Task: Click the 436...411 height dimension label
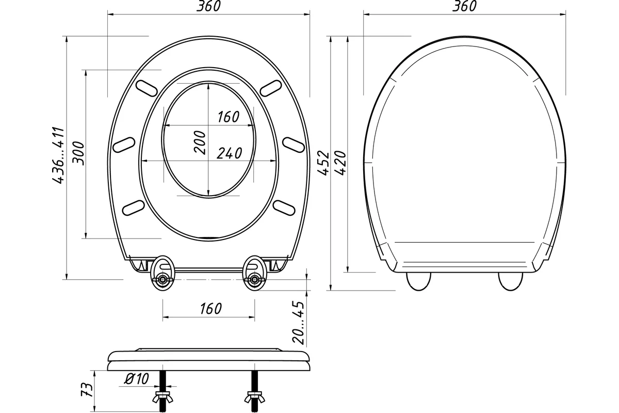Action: [x=58, y=155]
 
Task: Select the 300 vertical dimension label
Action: [x=78, y=153]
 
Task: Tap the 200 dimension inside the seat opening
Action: [x=200, y=142]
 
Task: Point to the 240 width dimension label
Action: [x=229, y=153]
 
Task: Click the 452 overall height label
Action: [x=323, y=163]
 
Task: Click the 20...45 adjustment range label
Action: [x=298, y=323]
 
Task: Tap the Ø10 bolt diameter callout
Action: [x=137, y=378]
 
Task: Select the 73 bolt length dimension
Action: [x=87, y=389]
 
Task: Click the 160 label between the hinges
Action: [x=211, y=309]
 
